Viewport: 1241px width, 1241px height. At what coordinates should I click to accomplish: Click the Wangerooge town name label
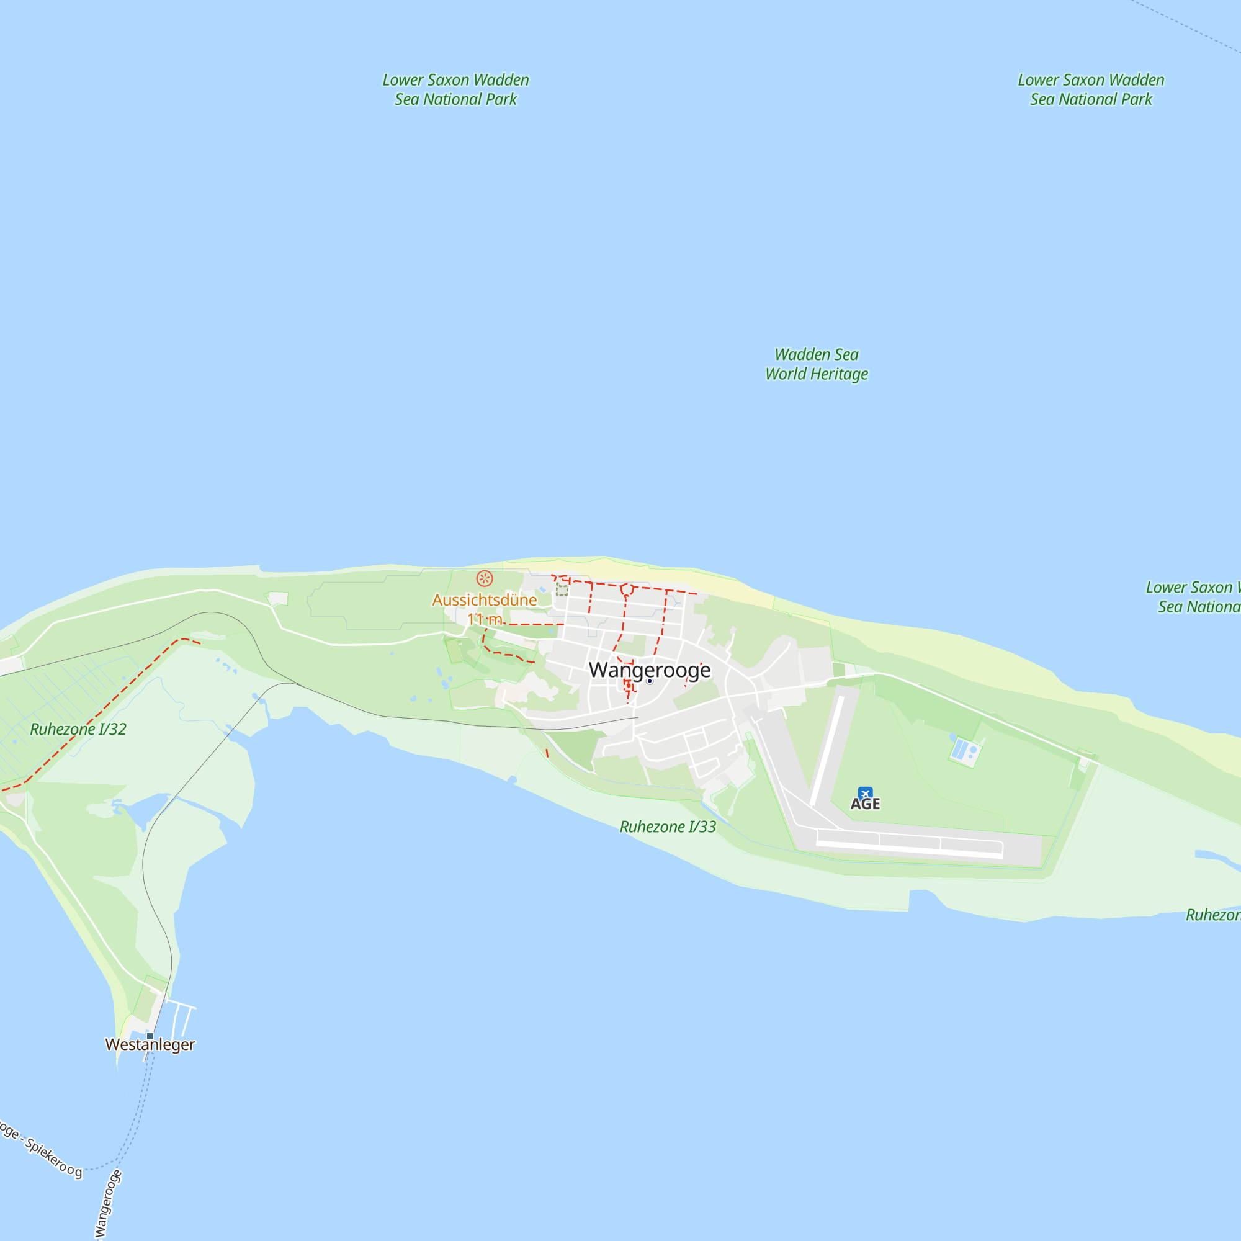(x=650, y=670)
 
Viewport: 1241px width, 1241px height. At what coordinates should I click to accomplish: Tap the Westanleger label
(x=150, y=1044)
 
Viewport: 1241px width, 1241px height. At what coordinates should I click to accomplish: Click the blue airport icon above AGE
(x=865, y=794)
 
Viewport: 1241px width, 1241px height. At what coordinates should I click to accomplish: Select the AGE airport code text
(x=865, y=804)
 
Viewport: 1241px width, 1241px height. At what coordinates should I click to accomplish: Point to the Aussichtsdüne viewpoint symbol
(x=485, y=579)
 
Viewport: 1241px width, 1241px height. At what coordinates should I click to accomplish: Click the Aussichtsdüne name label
(x=485, y=600)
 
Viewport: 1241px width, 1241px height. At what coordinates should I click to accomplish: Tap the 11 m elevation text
(x=485, y=619)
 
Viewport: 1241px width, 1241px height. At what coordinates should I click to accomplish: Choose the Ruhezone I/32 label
(x=78, y=729)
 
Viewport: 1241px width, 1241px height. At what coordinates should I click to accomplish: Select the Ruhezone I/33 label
(x=668, y=827)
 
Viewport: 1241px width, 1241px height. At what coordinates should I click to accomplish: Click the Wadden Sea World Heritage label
(x=817, y=364)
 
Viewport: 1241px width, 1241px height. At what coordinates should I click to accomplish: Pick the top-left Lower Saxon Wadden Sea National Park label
(x=455, y=89)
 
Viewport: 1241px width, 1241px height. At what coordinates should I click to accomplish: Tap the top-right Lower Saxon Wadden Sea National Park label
(x=1091, y=89)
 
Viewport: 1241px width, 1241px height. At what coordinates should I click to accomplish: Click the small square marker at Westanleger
(x=150, y=1036)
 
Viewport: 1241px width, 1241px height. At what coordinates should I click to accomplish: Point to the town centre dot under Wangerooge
(x=650, y=681)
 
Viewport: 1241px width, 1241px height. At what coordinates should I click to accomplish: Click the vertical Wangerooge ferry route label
(x=107, y=1203)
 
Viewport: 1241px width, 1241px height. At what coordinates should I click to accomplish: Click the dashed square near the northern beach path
(x=562, y=589)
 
